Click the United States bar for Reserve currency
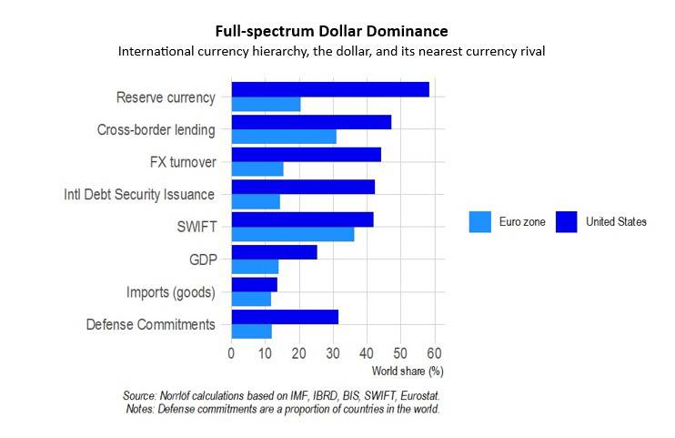click(x=330, y=89)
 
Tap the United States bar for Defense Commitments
click(x=285, y=317)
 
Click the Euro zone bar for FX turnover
click(x=257, y=168)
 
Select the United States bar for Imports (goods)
click(x=255, y=284)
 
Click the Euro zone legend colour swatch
click(x=479, y=221)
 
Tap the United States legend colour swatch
click(x=567, y=221)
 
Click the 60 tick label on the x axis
click(x=434, y=353)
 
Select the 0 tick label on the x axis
click(x=232, y=353)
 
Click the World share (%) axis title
click(x=408, y=371)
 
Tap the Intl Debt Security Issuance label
click(x=139, y=195)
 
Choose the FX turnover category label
click(x=182, y=162)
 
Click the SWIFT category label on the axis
click(x=197, y=227)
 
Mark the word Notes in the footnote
click(x=140, y=410)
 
